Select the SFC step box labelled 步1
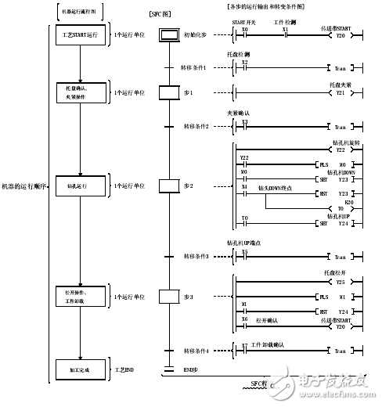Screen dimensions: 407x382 (169, 92)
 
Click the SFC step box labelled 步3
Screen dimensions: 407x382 (169, 297)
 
